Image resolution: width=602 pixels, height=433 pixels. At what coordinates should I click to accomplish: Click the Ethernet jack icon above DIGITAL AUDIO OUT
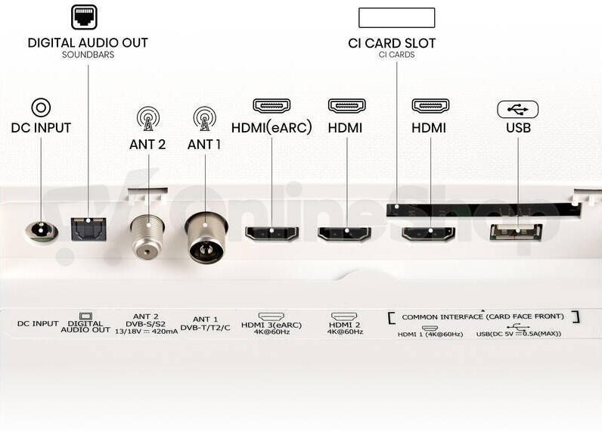click(84, 17)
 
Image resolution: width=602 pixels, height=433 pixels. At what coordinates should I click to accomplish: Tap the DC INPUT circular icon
click(41, 107)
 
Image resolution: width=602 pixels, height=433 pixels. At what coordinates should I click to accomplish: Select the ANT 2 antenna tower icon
click(147, 118)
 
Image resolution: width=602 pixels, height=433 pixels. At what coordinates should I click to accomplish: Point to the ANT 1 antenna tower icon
click(205, 118)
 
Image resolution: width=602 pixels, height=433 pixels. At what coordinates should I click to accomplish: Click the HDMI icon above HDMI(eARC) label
click(272, 106)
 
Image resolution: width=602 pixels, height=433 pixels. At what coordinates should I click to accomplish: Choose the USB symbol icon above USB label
click(517, 110)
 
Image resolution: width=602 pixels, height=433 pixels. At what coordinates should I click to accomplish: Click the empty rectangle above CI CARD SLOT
click(396, 17)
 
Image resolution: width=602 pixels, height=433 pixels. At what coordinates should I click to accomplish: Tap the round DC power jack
click(42, 232)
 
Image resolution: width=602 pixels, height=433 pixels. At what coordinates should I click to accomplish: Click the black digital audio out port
click(88, 229)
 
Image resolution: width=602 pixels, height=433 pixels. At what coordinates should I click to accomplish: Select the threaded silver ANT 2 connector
click(147, 237)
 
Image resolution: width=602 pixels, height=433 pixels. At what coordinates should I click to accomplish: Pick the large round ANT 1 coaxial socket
click(206, 238)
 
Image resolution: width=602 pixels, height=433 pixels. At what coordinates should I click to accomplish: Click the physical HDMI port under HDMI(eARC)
click(272, 233)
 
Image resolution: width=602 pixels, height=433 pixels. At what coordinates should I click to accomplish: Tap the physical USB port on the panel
click(516, 232)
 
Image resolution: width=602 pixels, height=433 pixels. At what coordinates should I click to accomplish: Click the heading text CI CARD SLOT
click(392, 43)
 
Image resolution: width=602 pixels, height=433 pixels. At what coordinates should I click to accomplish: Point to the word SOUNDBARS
click(88, 55)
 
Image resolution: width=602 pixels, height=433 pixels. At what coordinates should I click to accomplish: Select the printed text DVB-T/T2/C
click(205, 328)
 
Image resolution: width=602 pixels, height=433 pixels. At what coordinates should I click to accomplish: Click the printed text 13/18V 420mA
click(146, 332)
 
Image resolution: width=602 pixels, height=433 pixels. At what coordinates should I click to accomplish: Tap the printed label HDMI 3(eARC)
click(272, 325)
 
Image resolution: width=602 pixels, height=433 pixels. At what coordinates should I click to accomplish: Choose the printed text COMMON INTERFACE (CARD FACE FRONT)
click(483, 317)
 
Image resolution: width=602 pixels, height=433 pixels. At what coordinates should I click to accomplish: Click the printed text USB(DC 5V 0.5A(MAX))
click(519, 334)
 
